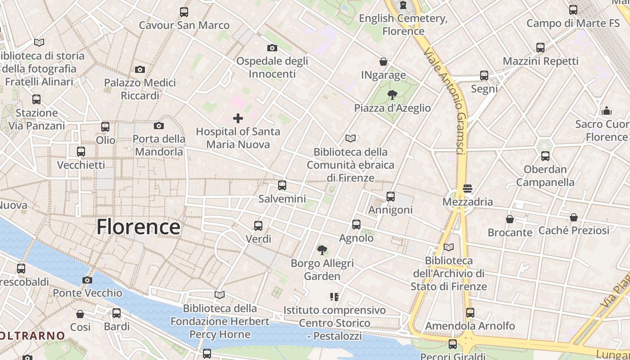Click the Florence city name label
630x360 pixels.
tap(138, 227)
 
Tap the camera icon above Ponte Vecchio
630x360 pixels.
tap(87, 280)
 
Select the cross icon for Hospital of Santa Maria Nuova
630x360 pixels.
tap(238, 118)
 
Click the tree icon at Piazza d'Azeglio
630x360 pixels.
tap(392, 94)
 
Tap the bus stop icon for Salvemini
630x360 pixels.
tap(282, 185)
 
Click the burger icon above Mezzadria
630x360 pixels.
tap(468, 188)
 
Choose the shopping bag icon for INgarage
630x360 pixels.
tap(383, 62)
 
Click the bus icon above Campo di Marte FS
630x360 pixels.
tap(573, 9)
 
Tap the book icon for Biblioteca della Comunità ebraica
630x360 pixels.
tap(351, 138)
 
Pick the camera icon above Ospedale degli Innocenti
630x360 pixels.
tap(272, 48)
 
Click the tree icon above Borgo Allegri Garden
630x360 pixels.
tap(322, 250)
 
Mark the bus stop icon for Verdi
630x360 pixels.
tap(258, 225)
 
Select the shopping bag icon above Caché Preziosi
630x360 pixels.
tap(573, 217)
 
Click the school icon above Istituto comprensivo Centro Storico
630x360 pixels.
tap(334, 297)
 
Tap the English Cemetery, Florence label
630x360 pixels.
tap(403, 25)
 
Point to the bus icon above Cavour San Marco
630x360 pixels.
tap(184, 12)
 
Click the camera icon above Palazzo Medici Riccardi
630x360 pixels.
tap(140, 69)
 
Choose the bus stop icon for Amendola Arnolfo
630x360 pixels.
tap(470, 312)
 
